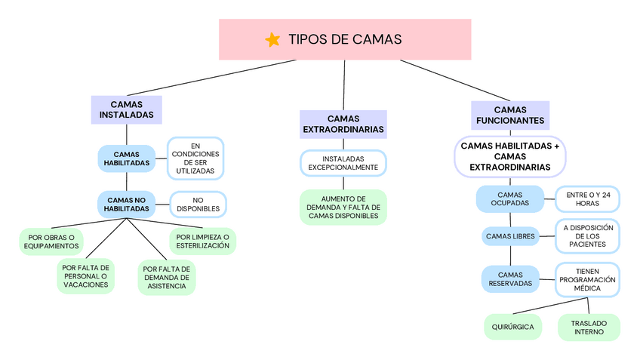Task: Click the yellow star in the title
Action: point(273,40)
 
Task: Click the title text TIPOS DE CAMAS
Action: point(345,40)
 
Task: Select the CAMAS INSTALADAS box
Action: point(127,109)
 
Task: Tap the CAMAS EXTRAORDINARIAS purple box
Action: point(343,124)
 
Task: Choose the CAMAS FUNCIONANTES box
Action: point(510,115)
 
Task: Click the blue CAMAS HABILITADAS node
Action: point(126,158)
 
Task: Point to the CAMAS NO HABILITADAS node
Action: point(126,204)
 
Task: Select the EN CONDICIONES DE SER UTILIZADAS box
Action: point(195,158)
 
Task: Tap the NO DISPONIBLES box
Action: point(198,204)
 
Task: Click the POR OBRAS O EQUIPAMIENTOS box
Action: point(51,242)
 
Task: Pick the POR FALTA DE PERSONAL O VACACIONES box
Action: point(85,276)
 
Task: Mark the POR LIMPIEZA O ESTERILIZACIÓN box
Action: point(202,241)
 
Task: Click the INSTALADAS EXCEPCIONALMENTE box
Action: point(343,162)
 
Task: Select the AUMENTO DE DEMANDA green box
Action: point(343,207)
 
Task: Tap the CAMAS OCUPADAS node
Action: point(510,199)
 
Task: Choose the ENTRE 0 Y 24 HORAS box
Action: point(588,199)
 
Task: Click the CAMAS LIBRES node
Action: point(510,236)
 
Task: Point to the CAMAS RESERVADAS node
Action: point(510,279)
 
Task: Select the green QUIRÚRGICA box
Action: point(512,327)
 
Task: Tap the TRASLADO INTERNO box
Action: point(589,328)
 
